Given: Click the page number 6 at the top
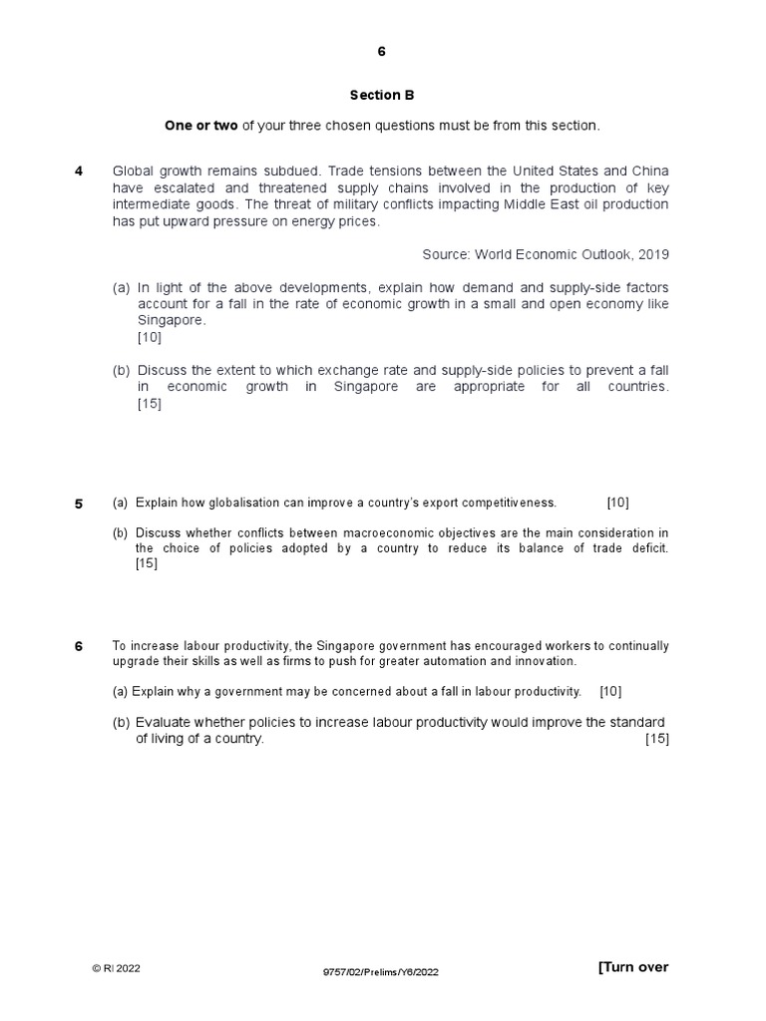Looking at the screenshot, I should pos(381,52).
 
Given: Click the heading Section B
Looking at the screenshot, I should pos(381,96).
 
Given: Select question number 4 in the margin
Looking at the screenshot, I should pos(79,170).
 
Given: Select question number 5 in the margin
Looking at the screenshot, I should pos(79,504).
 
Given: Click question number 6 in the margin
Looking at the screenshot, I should pos(79,647).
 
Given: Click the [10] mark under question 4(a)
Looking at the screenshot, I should pos(150,337).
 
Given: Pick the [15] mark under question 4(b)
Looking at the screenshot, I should pos(150,403).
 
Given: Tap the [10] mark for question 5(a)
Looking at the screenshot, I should pos(617,503).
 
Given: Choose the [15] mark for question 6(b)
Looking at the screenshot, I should pos(657,739).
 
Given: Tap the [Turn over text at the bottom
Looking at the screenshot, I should pos(633,967).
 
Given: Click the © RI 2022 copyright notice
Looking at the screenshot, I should pos(117,968).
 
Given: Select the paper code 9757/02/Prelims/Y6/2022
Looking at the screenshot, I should pos(381,970).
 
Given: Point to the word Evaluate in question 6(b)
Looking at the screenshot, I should pos(164,722).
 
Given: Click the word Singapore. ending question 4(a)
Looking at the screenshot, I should pos(172,320).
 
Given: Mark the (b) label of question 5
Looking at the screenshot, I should pos(121,532).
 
